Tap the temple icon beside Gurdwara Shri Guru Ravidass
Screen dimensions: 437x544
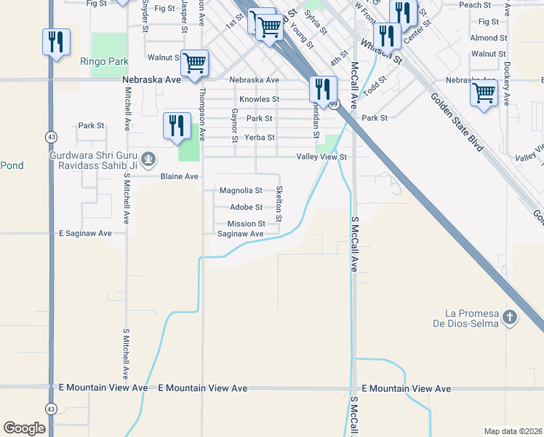148,158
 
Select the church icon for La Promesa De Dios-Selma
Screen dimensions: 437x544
510,317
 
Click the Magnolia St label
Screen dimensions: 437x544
241,191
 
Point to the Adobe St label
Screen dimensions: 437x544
246,208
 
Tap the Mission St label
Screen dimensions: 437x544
246,224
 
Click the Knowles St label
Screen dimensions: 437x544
260,99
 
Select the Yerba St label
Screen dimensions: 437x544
260,137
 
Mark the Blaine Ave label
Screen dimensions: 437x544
179,176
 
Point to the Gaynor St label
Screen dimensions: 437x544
235,125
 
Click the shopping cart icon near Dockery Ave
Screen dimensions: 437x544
484,93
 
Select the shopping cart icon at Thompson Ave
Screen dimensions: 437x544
194,63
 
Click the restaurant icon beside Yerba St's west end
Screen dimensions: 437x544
177,125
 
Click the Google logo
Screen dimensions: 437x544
24,428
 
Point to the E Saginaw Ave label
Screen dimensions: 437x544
85,233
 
